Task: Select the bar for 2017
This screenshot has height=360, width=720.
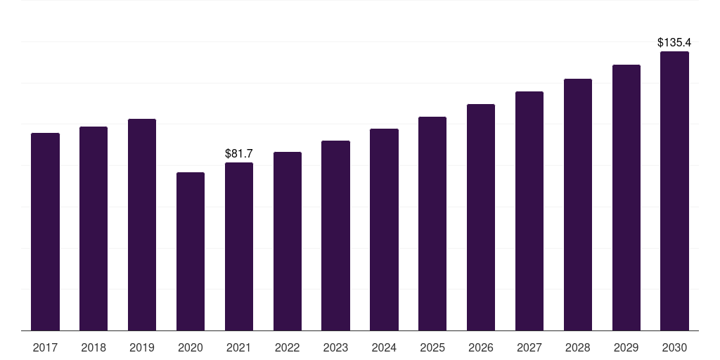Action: [45, 232]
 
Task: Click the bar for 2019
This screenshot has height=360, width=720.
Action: [142, 224]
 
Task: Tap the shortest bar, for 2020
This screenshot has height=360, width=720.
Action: [191, 252]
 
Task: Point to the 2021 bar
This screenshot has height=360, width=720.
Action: [239, 247]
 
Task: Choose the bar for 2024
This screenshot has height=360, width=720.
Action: [384, 230]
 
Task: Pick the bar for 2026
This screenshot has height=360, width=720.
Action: [481, 217]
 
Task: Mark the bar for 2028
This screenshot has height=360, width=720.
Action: [578, 205]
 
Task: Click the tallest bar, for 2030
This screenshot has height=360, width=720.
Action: [674, 191]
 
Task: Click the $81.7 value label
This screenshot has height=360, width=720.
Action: [239, 153]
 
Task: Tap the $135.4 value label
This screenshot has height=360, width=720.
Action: [674, 43]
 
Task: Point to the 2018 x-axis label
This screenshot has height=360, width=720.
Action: [94, 348]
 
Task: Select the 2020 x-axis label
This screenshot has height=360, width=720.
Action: [191, 348]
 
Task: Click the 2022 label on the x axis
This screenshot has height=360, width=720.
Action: [287, 348]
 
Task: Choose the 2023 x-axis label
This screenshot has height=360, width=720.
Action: [335, 348]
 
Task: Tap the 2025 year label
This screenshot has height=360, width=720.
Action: [432, 348]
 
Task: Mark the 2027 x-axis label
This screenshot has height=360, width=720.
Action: [529, 348]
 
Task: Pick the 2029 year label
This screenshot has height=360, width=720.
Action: [626, 348]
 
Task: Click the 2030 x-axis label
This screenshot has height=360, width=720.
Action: [674, 348]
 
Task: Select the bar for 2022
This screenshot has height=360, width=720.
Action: [288, 242]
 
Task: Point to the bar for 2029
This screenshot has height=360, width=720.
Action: [626, 198]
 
